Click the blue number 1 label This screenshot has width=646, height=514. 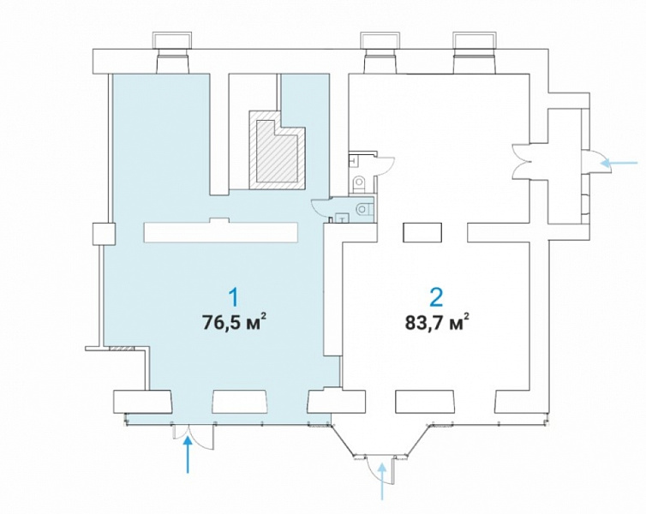coord(234,298)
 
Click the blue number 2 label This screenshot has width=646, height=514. coord(436,297)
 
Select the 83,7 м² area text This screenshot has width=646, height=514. coord(437,321)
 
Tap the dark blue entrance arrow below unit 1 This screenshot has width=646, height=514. coord(188,455)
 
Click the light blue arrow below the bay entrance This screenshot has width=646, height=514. coord(383,481)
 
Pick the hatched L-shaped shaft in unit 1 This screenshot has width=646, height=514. coord(277,150)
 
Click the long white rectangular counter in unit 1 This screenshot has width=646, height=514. coord(221,231)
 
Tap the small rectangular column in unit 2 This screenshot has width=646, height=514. coord(422,233)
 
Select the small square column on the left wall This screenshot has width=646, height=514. coord(104,234)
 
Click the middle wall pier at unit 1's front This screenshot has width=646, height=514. coord(240,402)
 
